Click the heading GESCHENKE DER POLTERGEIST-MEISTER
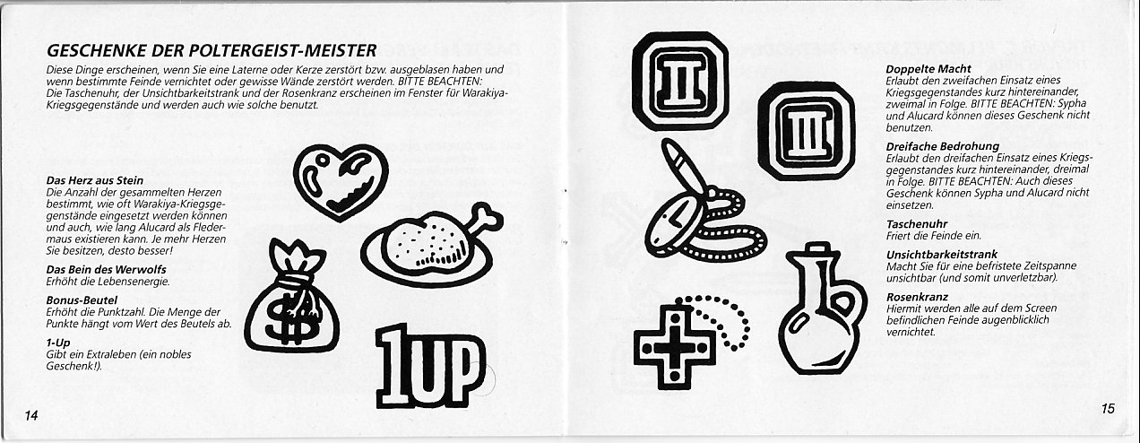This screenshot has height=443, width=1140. (x=212, y=51)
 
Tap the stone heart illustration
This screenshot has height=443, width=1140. (x=341, y=181)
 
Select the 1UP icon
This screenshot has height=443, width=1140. (x=430, y=366)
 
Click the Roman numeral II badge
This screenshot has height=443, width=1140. (x=680, y=82)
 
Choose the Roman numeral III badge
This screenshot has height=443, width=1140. (x=806, y=131)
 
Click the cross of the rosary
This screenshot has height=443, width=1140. (x=674, y=347)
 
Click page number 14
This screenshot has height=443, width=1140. (x=31, y=415)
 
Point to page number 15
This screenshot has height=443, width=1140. (x=1108, y=408)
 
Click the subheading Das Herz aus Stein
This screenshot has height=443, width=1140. (x=95, y=180)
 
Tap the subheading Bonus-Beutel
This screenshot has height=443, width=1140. (x=82, y=300)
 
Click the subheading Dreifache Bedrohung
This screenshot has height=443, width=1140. (x=943, y=147)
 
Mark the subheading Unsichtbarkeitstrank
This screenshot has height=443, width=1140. (x=942, y=254)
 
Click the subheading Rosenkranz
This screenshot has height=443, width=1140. (x=917, y=297)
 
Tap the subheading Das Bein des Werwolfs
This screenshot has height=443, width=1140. (x=106, y=269)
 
